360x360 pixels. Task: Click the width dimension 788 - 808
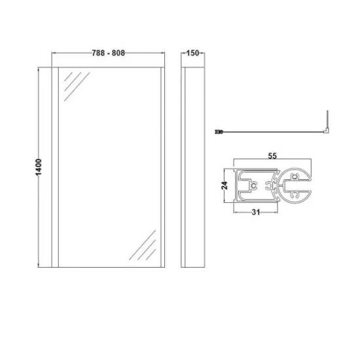click(x=109, y=53)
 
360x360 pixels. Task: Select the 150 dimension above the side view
click(x=192, y=53)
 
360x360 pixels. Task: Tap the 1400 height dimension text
click(x=39, y=167)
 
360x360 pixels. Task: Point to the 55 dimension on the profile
click(x=272, y=156)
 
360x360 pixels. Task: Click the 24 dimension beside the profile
click(x=225, y=185)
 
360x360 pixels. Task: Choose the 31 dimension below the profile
click(x=256, y=212)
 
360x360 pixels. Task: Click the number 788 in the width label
click(x=98, y=53)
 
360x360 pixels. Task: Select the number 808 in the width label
click(x=118, y=53)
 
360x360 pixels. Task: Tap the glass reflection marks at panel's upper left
click(x=77, y=86)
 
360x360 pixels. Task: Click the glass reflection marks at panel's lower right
click(x=143, y=245)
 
